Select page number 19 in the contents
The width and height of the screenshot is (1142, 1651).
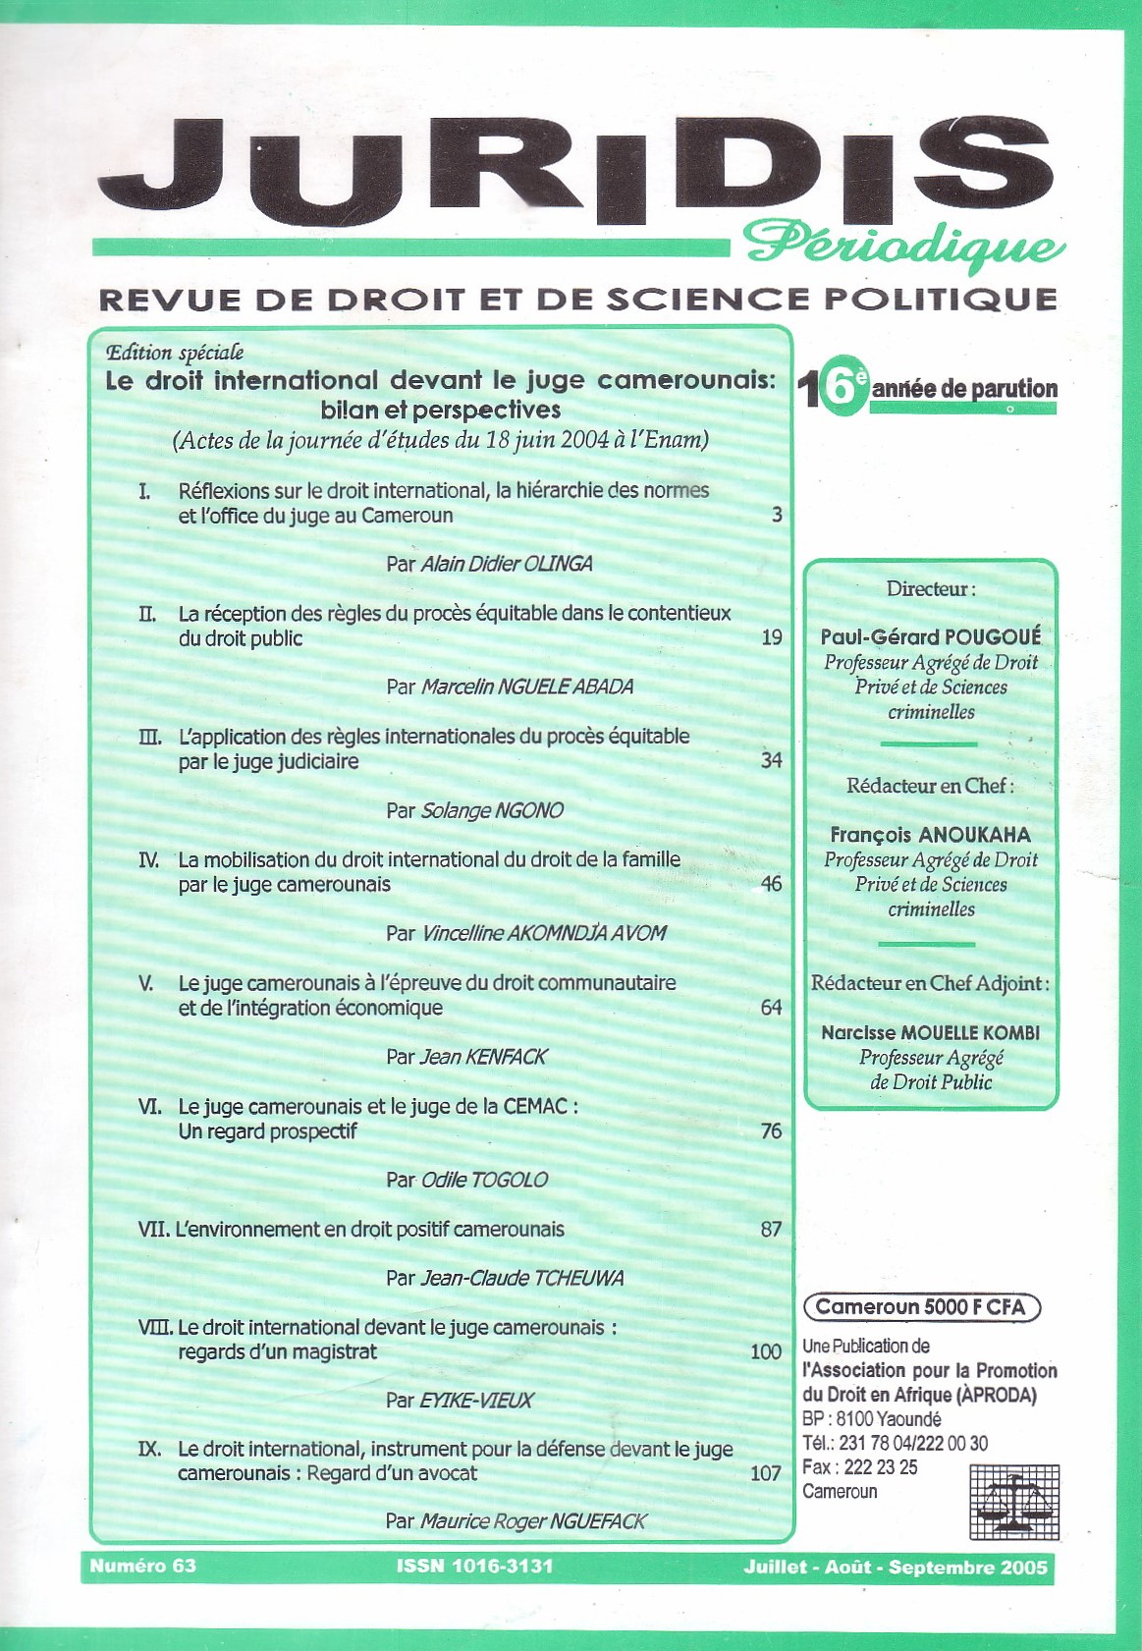(x=772, y=637)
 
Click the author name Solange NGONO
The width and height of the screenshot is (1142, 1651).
(x=492, y=810)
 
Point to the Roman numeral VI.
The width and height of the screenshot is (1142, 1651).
(x=150, y=1106)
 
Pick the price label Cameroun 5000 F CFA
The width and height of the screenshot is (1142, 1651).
(x=920, y=1307)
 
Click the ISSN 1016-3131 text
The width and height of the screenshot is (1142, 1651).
(x=474, y=1567)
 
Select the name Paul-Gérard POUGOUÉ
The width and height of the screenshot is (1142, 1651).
(x=930, y=636)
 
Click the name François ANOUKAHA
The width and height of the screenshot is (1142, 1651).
(x=930, y=835)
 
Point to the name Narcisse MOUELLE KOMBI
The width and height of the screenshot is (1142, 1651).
(x=930, y=1032)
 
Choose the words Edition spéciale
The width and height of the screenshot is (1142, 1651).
(x=175, y=353)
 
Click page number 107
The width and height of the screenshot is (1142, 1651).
(x=765, y=1473)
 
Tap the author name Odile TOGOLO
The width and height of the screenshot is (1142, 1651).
(x=484, y=1180)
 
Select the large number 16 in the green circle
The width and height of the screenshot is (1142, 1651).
(x=832, y=388)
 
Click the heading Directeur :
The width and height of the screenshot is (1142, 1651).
(x=930, y=589)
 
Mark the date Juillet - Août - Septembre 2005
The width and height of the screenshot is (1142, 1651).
(x=896, y=1567)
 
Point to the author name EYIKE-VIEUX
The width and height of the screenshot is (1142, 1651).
(x=476, y=1400)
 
